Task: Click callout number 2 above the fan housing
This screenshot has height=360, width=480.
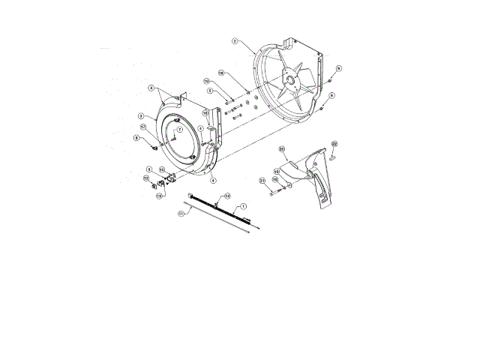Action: (x=235, y=41)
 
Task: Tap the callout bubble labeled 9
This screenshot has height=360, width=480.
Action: (x=338, y=68)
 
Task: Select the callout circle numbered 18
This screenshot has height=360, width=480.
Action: (x=220, y=73)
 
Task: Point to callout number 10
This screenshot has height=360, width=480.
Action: (x=206, y=81)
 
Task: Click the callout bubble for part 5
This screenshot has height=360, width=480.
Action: (x=211, y=91)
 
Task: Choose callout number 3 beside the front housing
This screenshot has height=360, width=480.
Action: (x=141, y=116)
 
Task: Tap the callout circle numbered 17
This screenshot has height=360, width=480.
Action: (x=178, y=130)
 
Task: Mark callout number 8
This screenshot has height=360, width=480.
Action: (x=136, y=138)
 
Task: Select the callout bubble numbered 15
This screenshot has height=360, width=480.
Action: (x=161, y=170)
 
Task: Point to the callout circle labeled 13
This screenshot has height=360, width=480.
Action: (x=159, y=196)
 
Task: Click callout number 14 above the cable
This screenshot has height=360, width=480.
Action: (x=227, y=196)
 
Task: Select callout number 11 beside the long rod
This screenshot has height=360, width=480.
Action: (x=181, y=213)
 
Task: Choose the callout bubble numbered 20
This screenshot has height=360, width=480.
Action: (x=282, y=150)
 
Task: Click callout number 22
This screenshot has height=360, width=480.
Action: (x=334, y=144)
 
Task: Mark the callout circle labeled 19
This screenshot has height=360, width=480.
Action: (x=276, y=171)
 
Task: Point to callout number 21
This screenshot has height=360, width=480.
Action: (x=262, y=181)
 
